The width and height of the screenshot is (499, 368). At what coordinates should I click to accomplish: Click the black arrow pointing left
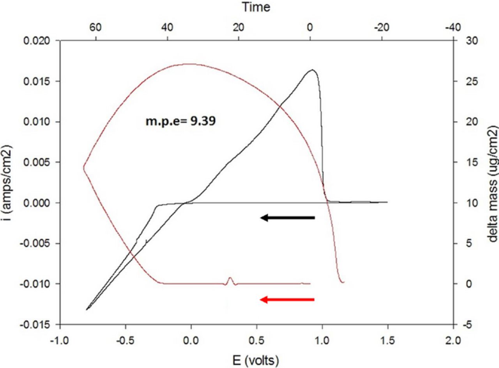coord(287,218)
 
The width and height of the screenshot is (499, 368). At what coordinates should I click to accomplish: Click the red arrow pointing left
coord(287,300)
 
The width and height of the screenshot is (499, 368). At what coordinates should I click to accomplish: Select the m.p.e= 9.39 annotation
coord(180,121)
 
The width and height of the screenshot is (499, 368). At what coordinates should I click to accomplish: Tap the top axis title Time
coord(256,7)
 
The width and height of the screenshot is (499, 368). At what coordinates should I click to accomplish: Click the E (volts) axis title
coord(256,360)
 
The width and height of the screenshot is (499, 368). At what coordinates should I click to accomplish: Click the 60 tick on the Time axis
coord(96,28)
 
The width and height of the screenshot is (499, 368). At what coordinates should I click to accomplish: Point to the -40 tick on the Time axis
coord(453,28)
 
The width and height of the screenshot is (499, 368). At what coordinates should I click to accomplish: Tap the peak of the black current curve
coord(312,70)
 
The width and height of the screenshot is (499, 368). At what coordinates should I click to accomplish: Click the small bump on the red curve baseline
coord(230,279)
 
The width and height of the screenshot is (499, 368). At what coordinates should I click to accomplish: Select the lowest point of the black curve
coord(87,309)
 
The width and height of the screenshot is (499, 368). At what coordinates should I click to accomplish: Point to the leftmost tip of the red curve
coord(83,167)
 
